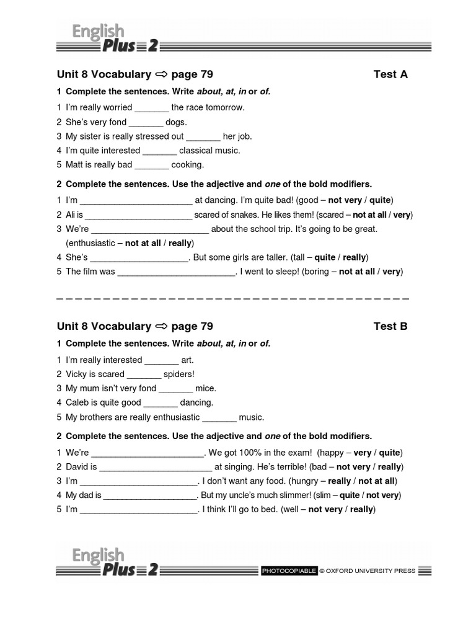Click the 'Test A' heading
(x=390, y=74)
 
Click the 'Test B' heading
(x=390, y=326)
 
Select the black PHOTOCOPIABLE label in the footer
(x=289, y=571)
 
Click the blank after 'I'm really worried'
(x=151, y=108)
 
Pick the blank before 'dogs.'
(x=146, y=122)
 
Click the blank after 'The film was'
(x=176, y=272)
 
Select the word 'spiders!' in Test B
(x=179, y=374)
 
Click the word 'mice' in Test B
(x=206, y=388)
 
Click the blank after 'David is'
(x=156, y=467)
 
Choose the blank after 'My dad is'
(x=149, y=495)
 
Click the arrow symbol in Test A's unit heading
(x=162, y=74)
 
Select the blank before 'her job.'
(x=203, y=136)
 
